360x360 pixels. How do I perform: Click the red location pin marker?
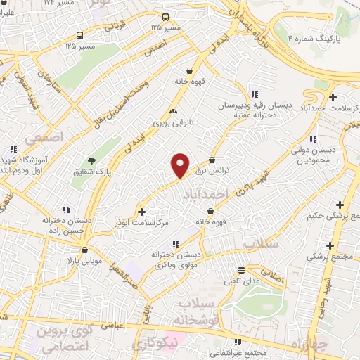[181, 165]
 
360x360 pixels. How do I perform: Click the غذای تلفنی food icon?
[242, 270]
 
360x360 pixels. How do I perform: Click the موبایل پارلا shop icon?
[84, 250]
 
